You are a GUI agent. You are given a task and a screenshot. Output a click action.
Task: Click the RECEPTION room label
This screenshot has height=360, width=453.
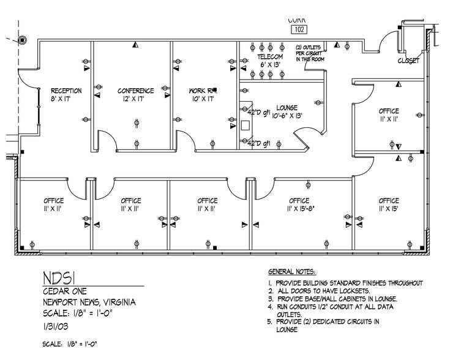click(66, 91)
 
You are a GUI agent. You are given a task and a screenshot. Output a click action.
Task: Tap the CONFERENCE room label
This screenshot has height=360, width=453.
click(135, 91)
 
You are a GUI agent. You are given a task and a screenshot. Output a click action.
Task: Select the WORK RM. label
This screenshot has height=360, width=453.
click(202, 91)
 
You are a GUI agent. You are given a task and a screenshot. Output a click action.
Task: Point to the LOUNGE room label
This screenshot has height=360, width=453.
click(286, 107)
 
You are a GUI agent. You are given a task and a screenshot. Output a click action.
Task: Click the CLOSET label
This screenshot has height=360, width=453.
click(408, 61)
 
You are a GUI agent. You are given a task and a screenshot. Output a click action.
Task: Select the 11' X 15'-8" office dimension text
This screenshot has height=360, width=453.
click(299, 209)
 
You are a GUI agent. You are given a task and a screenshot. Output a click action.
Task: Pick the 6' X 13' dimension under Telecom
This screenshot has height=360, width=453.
click(270, 64)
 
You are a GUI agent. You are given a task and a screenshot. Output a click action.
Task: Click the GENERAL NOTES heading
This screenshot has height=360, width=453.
click(292, 271)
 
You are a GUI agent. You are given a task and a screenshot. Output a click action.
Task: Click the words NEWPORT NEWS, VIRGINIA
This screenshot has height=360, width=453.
click(89, 302)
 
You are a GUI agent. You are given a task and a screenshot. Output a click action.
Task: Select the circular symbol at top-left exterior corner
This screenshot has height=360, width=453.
click(22, 40)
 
